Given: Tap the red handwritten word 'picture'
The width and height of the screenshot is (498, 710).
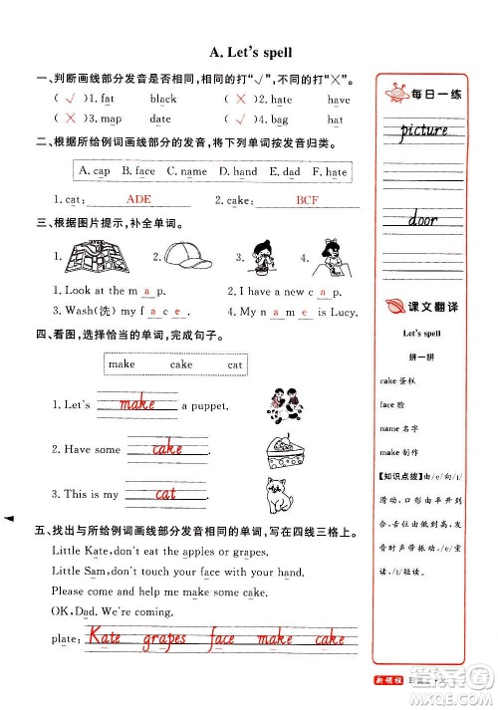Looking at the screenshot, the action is click(x=424, y=130).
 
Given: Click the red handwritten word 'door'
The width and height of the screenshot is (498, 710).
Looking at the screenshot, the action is click(x=423, y=218).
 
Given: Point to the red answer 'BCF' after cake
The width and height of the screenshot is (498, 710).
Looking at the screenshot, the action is click(x=308, y=200).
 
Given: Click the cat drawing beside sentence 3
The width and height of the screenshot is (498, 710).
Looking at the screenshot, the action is click(x=275, y=494).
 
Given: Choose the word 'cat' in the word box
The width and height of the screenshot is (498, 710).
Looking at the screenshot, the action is click(x=235, y=364).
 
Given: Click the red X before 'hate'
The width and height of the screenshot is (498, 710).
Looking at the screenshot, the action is click(x=241, y=100).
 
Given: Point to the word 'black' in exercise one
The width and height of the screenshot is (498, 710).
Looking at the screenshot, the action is click(x=163, y=100).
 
